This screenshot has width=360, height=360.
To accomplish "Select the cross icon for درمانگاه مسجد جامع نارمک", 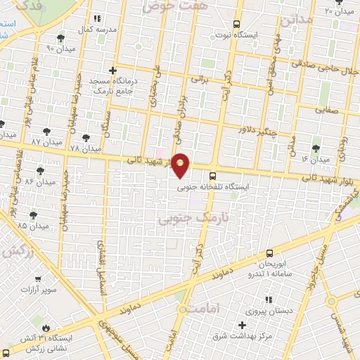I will point(112,70).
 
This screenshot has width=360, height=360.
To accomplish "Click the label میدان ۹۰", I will point(60,48).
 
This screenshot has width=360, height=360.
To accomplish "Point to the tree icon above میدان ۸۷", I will point(47,130).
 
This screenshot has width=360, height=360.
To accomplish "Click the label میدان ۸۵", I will point(32,226).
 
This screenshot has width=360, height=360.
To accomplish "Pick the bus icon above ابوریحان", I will point(270,252).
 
